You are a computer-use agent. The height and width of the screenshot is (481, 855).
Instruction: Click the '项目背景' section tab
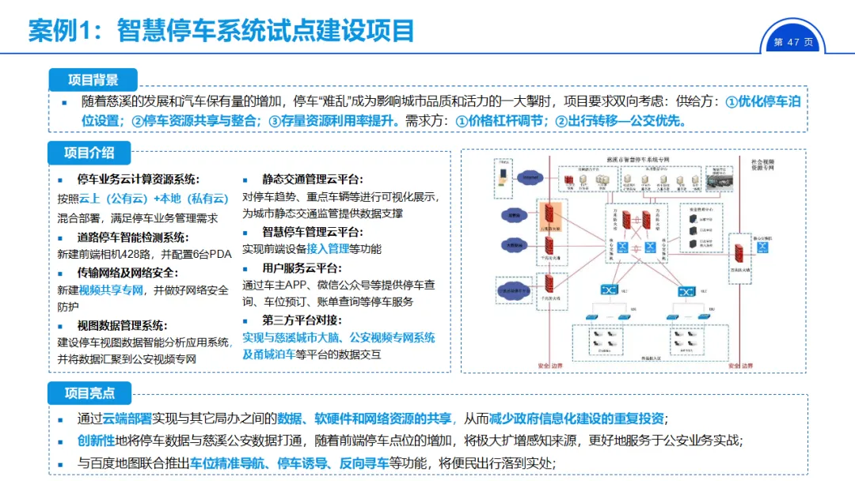(x=93, y=79)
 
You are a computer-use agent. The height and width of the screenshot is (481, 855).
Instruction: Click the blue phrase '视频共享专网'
(x=111, y=290)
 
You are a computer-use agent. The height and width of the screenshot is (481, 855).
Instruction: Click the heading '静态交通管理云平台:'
(x=313, y=180)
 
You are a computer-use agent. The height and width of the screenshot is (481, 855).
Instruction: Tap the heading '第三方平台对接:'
(x=302, y=320)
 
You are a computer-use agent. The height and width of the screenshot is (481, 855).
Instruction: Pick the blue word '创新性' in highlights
(x=96, y=441)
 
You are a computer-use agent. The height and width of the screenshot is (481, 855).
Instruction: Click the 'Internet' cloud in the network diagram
(x=528, y=178)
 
